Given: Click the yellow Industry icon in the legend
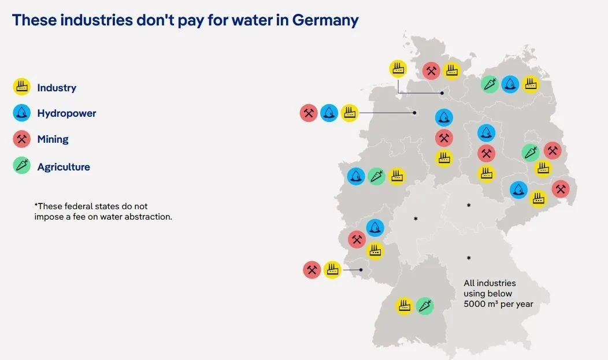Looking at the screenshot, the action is [x=22, y=87].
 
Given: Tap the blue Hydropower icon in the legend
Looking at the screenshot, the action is [x=22, y=113].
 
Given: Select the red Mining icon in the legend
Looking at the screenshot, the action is [x=22, y=139].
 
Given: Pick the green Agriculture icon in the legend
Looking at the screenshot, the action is [x=22, y=165].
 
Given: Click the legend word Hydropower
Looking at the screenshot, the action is [x=66, y=113].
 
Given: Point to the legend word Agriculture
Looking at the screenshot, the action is [x=64, y=167].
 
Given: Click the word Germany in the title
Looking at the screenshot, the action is [x=325, y=20].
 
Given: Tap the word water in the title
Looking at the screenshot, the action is [x=253, y=20].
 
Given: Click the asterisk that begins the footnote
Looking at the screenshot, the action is [x=36, y=205].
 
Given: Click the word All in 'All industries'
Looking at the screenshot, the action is [x=469, y=283].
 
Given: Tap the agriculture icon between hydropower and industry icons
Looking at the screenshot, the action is [x=376, y=176].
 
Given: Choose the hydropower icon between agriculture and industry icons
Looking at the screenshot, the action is [x=510, y=84].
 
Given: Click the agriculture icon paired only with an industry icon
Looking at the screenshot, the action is [x=425, y=306].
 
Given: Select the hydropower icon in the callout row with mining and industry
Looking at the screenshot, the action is [x=329, y=113].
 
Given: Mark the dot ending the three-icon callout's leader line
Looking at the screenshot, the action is [x=414, y=113].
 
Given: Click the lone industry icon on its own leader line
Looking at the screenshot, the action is [x=398, y=69].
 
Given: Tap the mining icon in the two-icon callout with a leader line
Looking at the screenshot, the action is [x=312, y=270].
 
